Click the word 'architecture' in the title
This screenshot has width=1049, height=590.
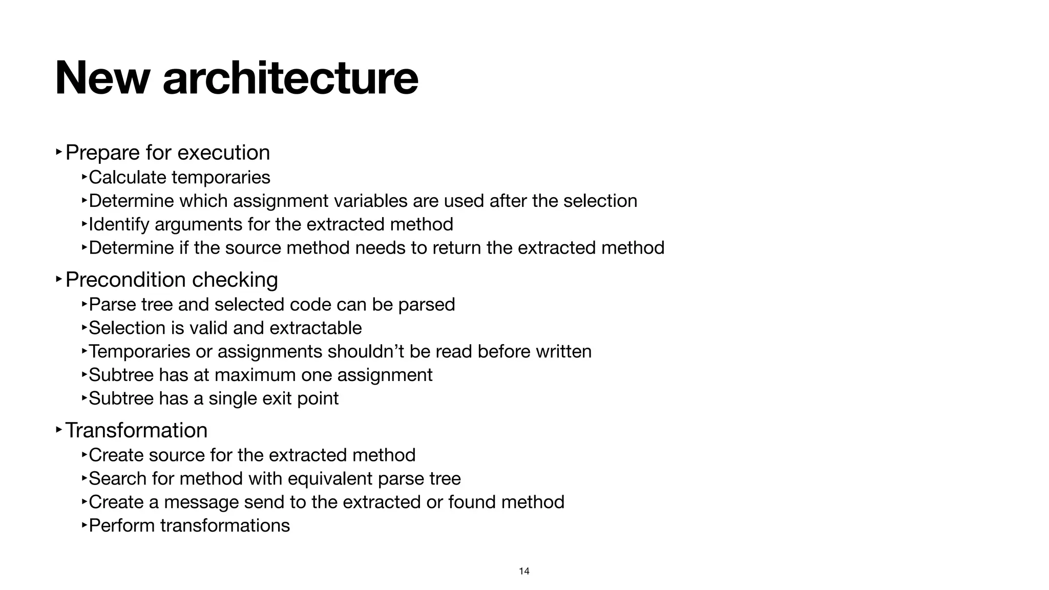click(x=290, y=78)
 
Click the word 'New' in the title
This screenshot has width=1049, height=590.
click(x=102, y=78)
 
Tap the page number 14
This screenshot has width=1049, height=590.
click(x=524, y=571)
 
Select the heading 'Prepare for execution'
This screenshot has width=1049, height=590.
click(x=167, y=153)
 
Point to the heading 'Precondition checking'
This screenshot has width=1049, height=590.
click(x=172, y=280)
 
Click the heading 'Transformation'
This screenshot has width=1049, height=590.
click(x=136, y=430)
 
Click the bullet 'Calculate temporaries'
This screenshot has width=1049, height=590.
click(x=179, y=177)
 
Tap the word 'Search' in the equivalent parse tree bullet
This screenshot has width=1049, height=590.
click(x=118, y=478)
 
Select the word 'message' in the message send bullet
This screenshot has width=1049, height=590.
click(x=201, y=502)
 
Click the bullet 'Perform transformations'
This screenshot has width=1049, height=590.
click(x=189, y=525)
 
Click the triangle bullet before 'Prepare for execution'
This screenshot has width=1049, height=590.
click(x=59, y=152)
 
